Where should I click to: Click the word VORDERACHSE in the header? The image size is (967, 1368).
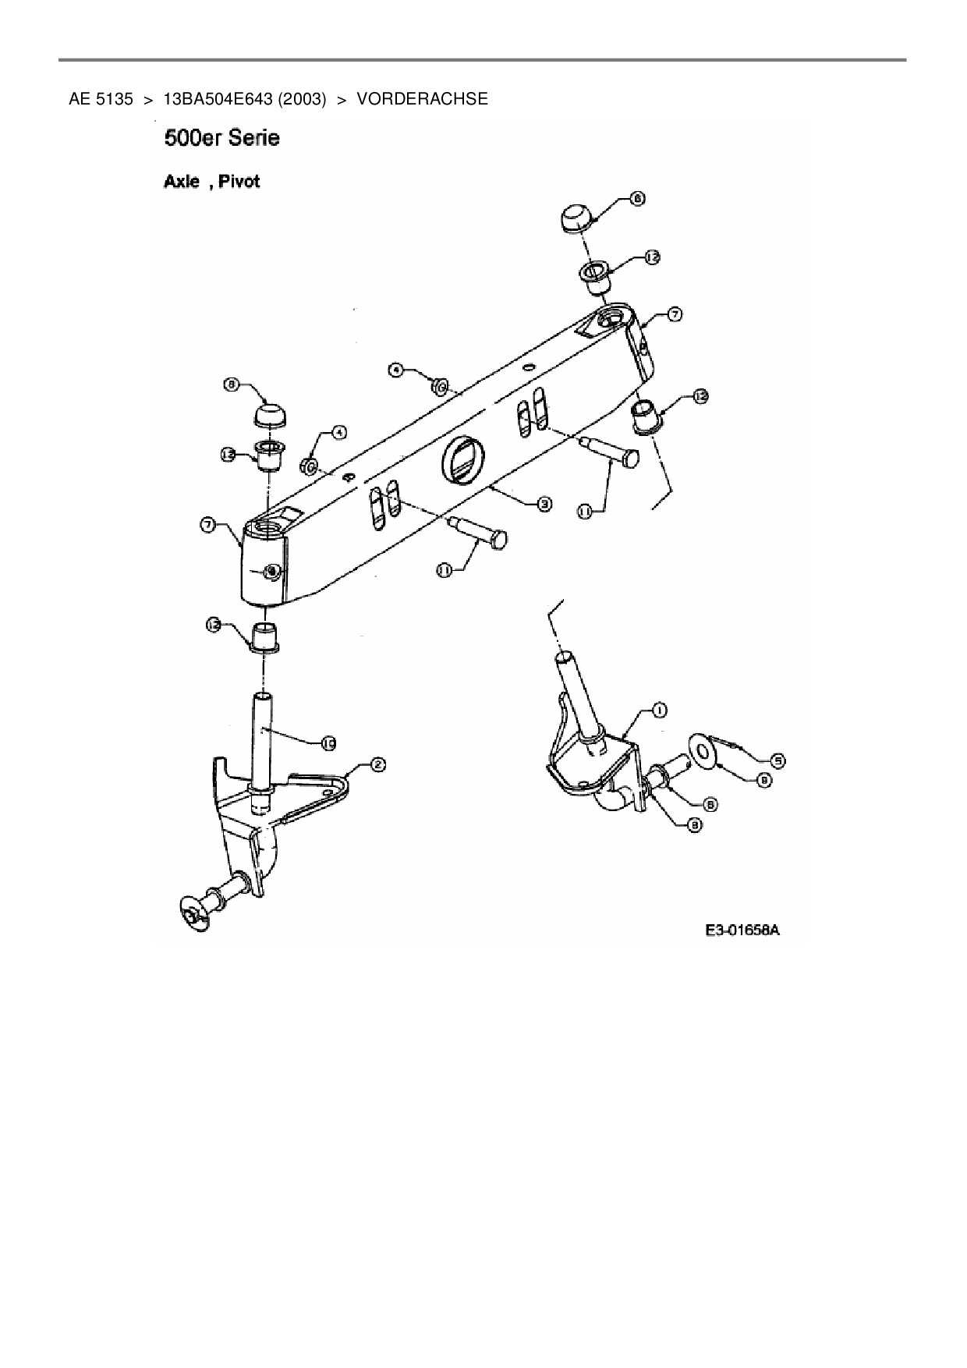tap(422, 99)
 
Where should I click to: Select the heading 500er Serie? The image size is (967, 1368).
tap(222, 139)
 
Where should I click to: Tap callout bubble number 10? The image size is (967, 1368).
tap(328, 744)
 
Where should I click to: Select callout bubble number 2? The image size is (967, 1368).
tap(377, 765)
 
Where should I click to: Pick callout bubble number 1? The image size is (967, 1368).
tap(659, 710)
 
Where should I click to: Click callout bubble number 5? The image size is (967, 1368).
tap(777, 760)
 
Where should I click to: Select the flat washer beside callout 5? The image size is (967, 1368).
tap(704, 751)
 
